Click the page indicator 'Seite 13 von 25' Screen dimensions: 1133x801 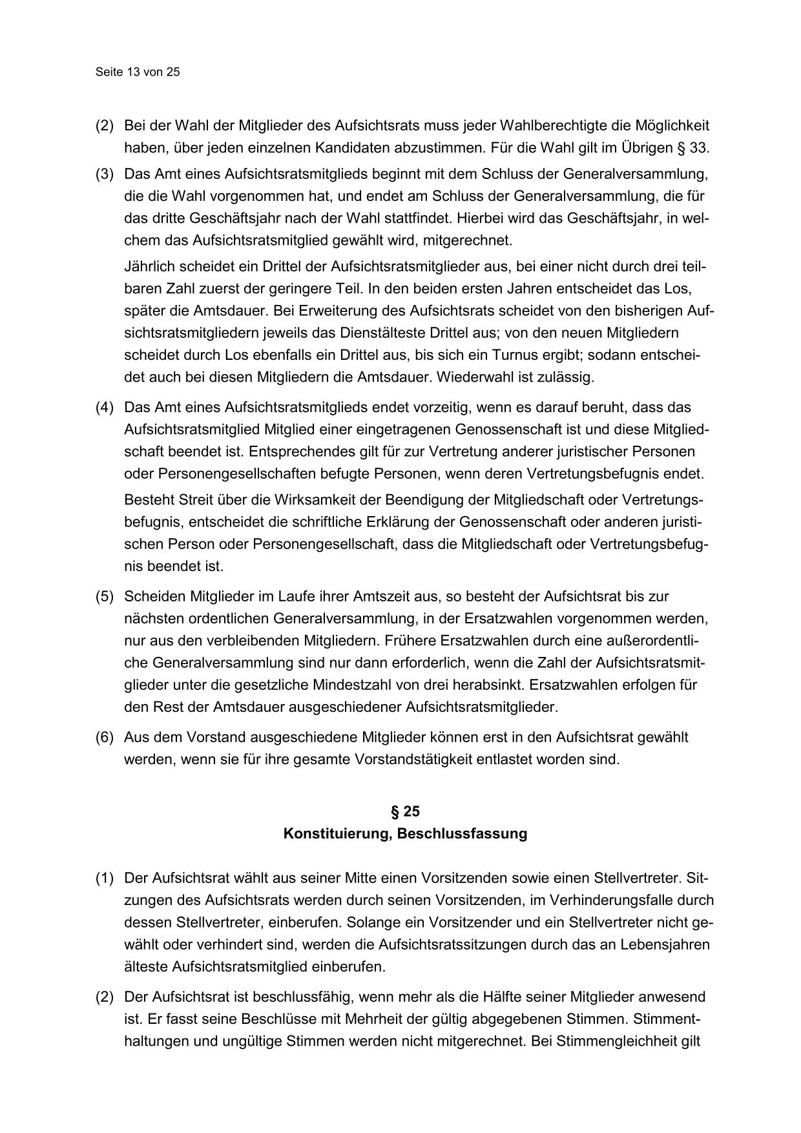click(x=138, y=72)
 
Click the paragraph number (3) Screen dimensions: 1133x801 click(x=105, y=174)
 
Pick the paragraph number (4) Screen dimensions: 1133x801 click(x=105, y=408)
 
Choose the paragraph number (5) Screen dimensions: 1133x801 click(x=105, y=596)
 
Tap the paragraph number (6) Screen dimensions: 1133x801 click(x=105, y=737)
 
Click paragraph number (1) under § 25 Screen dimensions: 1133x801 click(x=105, y=878)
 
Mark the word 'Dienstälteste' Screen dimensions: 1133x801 click(x=361, y=333)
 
